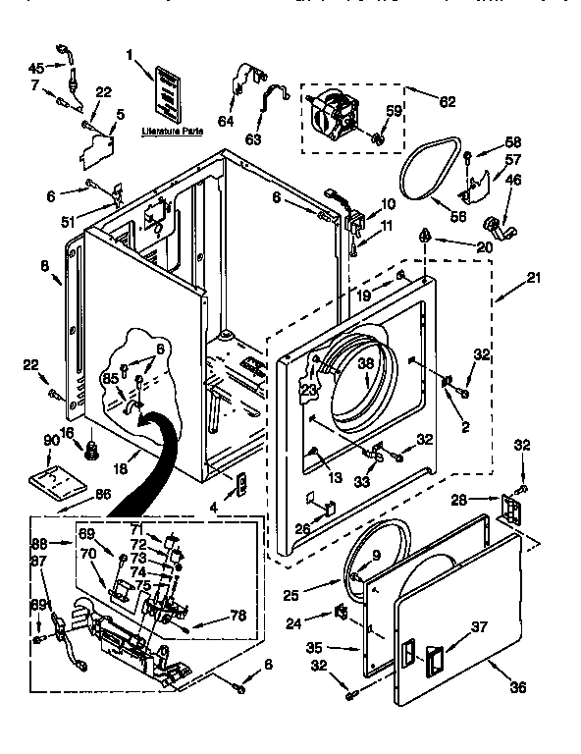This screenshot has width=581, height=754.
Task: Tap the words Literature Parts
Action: pos(172,130)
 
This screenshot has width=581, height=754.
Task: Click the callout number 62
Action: pos(448,100)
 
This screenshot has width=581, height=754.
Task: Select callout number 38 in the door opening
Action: pos(366,362)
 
